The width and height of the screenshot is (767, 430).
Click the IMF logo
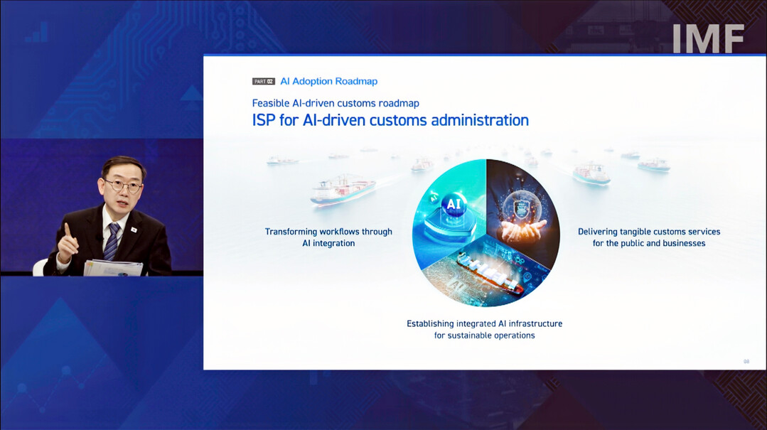point(708,38)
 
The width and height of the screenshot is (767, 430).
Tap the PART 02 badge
point(264,81)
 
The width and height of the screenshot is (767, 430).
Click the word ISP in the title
point(264,120)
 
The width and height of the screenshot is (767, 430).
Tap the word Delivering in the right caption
point(598,232)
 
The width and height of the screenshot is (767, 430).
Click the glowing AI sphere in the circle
point(454,205)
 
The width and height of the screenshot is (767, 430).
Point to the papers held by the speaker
point(114,268)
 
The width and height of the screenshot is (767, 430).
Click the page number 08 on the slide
point(746,362)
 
